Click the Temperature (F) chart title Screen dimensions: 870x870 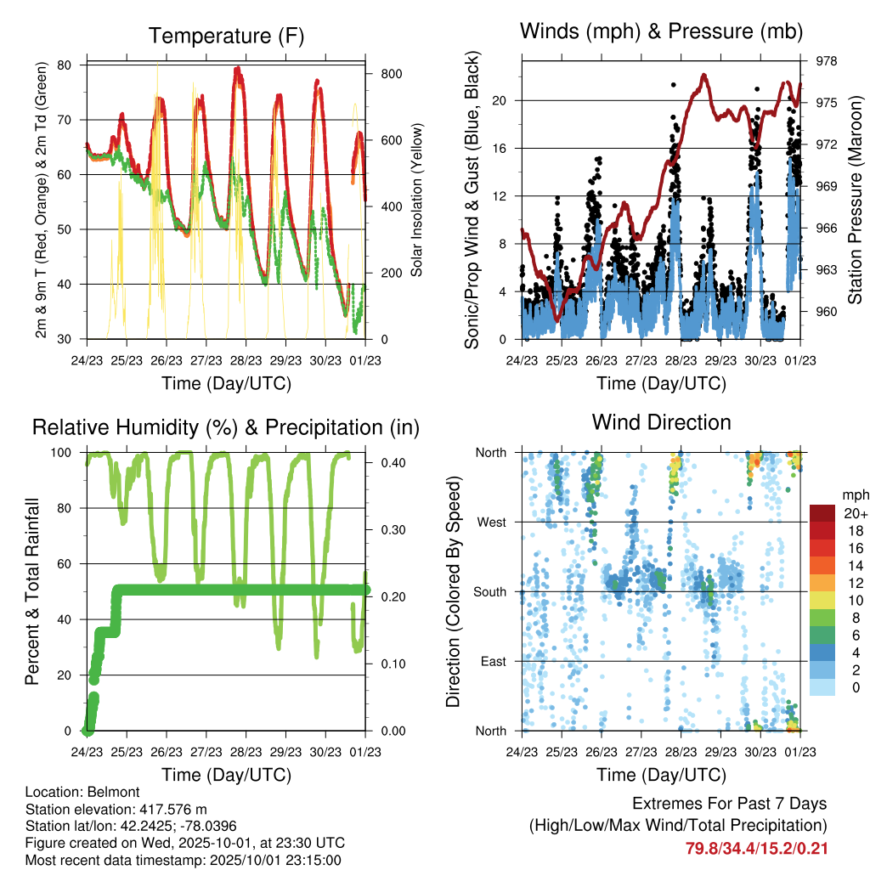click(x=225, y=36)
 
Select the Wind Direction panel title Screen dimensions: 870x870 click(x=661, y=422)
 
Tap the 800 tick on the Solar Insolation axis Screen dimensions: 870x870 click(x=391, y=74)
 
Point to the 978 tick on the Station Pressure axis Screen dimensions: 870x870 click(x=827, y=61)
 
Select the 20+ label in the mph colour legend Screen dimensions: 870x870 click(x=854, y=513)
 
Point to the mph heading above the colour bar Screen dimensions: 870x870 click(x=854, y=494)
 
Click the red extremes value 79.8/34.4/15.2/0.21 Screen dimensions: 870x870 click(x=756, y=848)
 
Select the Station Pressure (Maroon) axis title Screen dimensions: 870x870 click(x=855, y=200)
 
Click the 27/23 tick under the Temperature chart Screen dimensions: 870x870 click(x=206, y=359)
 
